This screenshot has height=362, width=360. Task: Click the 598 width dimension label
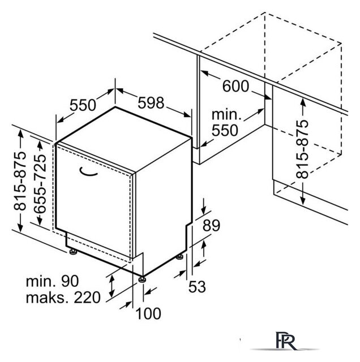click(151, 103)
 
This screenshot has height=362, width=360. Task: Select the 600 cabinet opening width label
click(235, 86)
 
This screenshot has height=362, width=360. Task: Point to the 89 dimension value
click(212, 225)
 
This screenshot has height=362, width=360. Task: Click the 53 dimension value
click(197, 287)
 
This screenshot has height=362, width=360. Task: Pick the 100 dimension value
click(148, 313)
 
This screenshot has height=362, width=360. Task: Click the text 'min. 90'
click(53, 281)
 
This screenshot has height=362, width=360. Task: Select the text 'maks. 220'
click(63, 298)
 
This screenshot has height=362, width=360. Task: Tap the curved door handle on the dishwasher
click(88, 173)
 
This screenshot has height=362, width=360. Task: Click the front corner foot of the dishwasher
click(142, 279)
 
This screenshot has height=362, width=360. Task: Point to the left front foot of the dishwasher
click(73, 251)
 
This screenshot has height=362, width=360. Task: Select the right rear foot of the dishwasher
click(180, 256)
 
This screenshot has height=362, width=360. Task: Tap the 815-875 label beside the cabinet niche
click(302, 149)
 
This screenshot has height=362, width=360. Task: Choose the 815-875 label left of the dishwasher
click(20, 181)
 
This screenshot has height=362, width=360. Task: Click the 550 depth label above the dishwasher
click(83, 105)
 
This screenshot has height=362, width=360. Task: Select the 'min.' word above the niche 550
click(226, 115)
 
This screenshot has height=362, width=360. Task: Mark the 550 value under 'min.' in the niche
click(225, 131)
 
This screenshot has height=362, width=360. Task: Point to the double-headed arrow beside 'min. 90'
click(112, 286)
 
